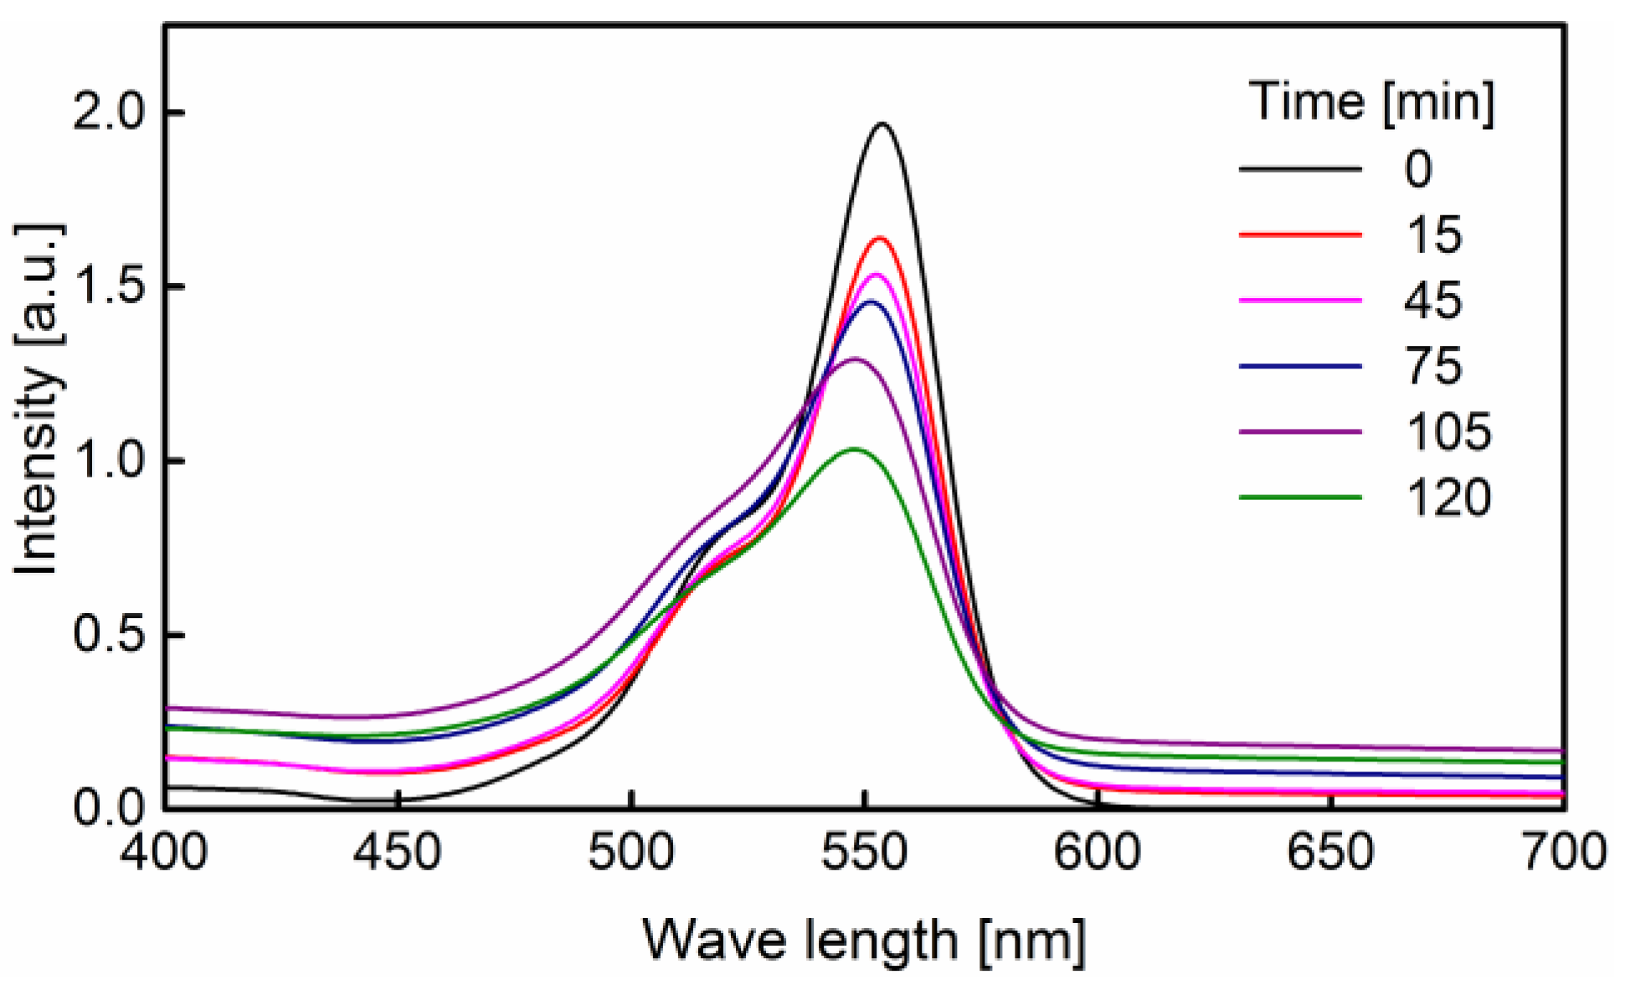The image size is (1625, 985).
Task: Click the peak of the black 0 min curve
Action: [x=882, y=124]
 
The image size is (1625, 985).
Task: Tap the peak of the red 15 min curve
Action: [x=880, y=239]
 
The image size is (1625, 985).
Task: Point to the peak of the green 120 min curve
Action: [x=856, y=449]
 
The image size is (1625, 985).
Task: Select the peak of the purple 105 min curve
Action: [x=855, y=359]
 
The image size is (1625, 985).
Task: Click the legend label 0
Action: [x=1418, y=170]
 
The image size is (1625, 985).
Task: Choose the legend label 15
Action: [x=1433, y=235]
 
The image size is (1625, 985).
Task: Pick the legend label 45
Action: [x=1433, y=301]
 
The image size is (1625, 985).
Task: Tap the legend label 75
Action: [x=1433, y=366]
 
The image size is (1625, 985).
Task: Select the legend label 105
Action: [x=1448, y=432]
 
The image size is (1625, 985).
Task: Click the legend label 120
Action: [x=1448, y=498]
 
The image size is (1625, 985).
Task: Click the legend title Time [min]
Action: [x=1370, y=103]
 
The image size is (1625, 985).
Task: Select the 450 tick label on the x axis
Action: [x=398, y=853]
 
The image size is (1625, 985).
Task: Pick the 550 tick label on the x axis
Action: [x=864, y=853]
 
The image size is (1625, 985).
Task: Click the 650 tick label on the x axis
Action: [x=1329, y=853]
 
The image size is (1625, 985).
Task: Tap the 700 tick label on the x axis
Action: [x=1562, y=853]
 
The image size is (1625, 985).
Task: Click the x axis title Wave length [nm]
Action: [x=864, y=940]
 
